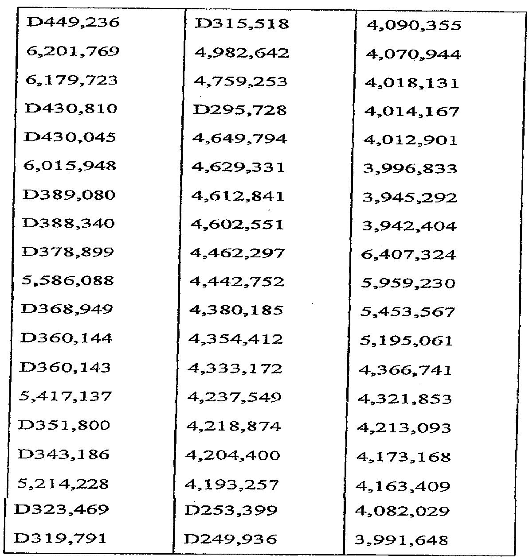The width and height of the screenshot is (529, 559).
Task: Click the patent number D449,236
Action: (73, 22)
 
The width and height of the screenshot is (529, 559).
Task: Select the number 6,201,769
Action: (73, 51)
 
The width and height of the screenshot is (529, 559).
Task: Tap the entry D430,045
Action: (70, 137)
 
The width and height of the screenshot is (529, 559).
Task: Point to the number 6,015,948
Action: (70, 166)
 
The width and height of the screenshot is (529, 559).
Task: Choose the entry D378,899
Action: (68, 252)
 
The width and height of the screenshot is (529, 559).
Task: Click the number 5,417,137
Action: (65, 396)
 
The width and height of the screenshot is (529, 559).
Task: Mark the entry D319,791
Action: (60, 539)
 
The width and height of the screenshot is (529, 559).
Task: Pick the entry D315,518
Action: (242, 23)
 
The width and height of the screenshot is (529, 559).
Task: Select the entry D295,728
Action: (240, 109)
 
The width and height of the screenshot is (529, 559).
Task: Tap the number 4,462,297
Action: (237, 253)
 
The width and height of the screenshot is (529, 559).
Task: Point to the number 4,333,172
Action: (235, 368)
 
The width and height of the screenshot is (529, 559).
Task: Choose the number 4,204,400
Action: (233, 455)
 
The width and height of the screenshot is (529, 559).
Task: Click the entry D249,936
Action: (231, 539)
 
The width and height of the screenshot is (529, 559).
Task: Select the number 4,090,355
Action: (414, 25)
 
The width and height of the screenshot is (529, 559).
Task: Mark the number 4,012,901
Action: (410, 140)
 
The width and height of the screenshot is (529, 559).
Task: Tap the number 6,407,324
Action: (408, 255)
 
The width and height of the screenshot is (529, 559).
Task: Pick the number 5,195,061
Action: (406, 341)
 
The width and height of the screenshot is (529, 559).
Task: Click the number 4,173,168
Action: (404, 457)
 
